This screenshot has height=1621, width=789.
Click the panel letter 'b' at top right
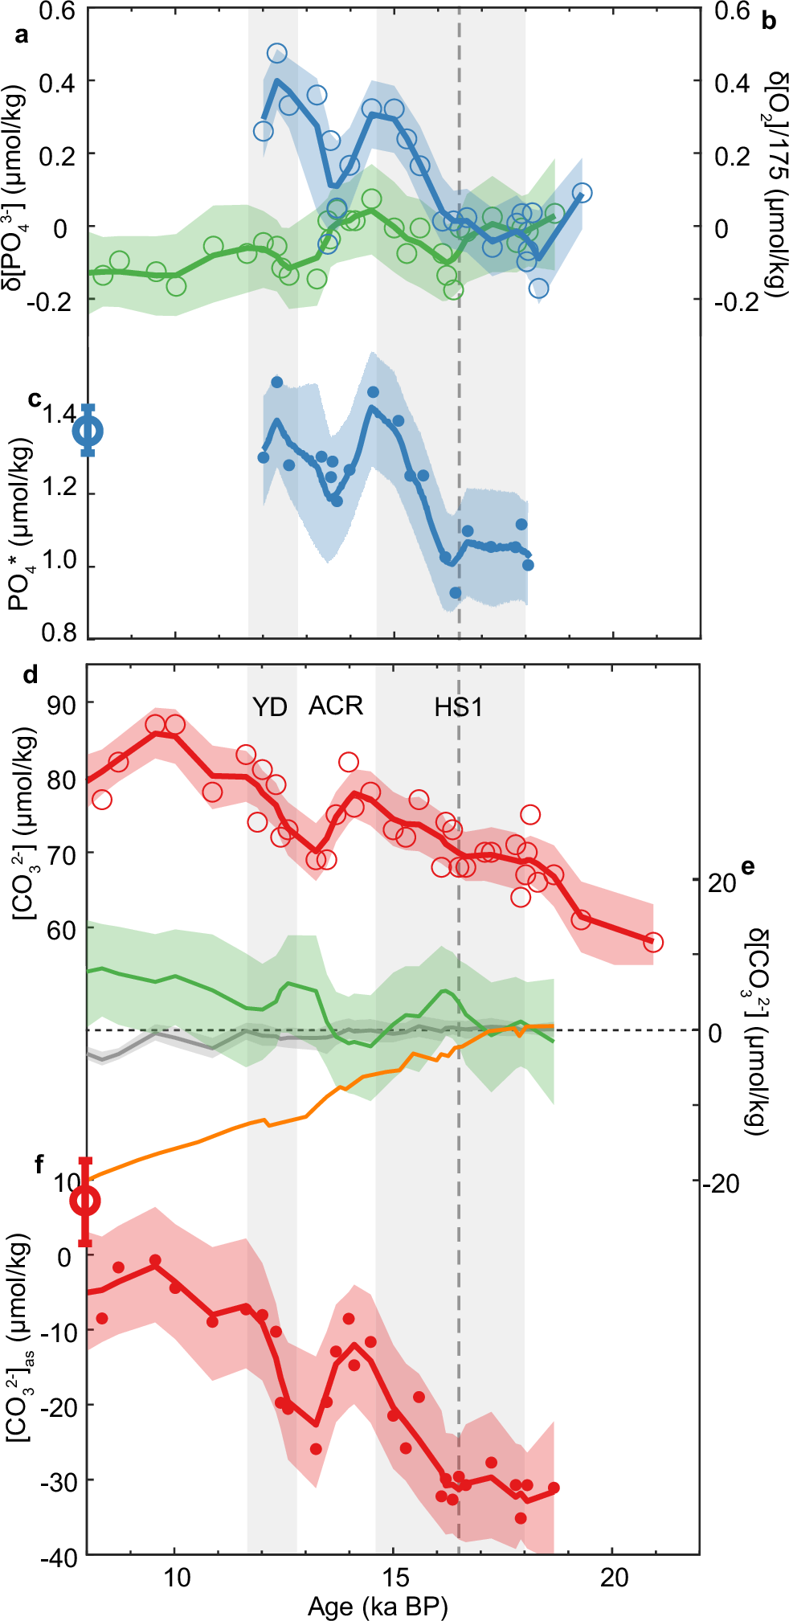pos(769,22)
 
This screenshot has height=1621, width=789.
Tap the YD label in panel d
pos(269,707)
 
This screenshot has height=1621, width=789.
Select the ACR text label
pos(336,706)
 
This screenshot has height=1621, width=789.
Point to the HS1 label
pos(458,707)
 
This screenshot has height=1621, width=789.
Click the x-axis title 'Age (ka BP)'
pos(378,1606)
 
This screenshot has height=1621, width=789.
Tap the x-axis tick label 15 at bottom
pos(394,1577)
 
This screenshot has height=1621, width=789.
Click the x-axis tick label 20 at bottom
pos(614,1577)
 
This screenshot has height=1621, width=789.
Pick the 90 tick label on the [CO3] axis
pos(61,704)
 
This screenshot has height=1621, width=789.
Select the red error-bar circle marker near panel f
pos(85,1201)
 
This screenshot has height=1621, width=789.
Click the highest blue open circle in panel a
pos(276,54)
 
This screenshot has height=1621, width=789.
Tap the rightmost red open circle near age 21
pos(653,942)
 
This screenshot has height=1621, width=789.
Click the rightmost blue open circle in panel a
pos(583,193)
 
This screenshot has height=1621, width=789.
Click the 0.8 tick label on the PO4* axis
pos(59,633)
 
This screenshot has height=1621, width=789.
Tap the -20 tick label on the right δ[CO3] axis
pos(720,1183)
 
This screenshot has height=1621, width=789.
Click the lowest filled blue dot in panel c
pos(456,592)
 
